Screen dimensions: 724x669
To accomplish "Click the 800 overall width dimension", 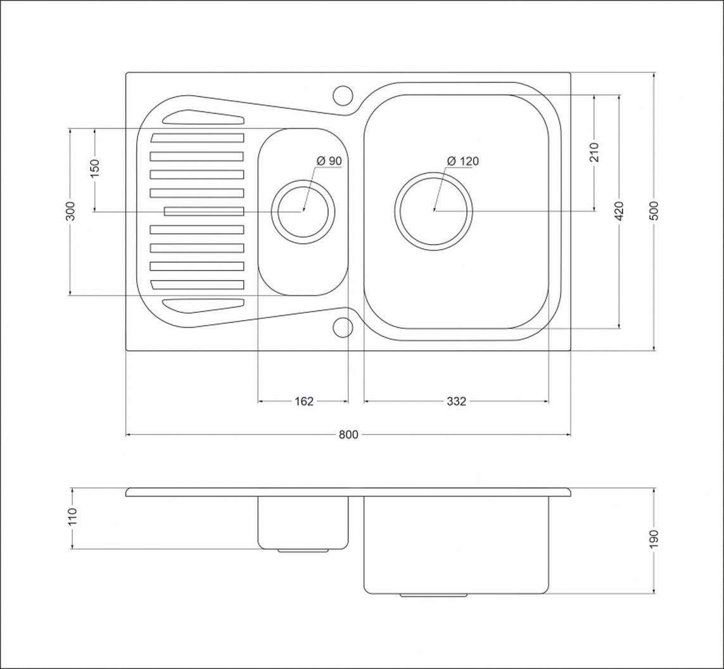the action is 348,435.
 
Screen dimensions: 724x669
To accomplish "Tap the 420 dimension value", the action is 619,210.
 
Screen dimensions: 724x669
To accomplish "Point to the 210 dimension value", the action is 594,152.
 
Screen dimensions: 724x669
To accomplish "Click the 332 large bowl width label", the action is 456,401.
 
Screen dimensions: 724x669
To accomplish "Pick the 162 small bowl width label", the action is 304,401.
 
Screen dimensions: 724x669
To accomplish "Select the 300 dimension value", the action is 70,211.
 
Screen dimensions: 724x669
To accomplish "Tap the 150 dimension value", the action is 94,169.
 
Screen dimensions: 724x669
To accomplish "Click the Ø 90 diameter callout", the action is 329,161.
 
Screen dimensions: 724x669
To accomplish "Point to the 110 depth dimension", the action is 72,517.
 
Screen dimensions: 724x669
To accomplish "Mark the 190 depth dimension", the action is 654,539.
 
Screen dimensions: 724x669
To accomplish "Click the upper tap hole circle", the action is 343,96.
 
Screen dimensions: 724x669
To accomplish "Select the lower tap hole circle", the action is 343,327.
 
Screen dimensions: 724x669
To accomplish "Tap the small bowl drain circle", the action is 303,211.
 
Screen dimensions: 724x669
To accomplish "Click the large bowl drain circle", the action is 434,211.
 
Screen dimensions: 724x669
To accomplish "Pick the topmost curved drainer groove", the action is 203,117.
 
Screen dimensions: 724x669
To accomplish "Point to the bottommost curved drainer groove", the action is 203,305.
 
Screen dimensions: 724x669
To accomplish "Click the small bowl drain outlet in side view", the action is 303,551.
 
